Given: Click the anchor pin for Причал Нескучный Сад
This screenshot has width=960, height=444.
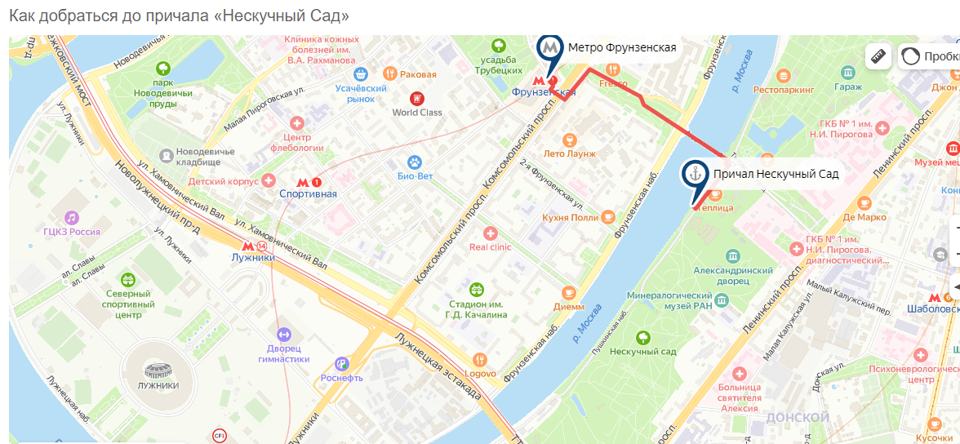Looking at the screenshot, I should (x=695, y=175).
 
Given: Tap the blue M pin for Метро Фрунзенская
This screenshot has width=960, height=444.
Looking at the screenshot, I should (x=550, y=47).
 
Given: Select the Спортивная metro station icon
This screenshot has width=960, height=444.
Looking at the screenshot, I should (x=303, y=182).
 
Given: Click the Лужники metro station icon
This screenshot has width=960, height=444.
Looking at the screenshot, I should (x=248, y=246).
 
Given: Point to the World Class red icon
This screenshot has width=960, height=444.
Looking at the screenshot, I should (x=417, y=99).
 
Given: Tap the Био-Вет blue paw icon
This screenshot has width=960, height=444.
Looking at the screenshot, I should (x=415, y=162).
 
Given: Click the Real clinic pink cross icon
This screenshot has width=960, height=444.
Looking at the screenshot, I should (x=490, y=233).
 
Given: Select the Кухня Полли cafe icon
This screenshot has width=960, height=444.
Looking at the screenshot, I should (x=608, y=216).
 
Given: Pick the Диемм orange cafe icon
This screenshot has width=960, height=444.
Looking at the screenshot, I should (x=569, y=293).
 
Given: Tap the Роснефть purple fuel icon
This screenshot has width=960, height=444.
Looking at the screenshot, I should (x=342, y=364).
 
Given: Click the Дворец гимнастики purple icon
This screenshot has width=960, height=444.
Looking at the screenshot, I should (x=283, y=335).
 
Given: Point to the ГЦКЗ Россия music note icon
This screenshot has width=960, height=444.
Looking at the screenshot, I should (x=72, y=217).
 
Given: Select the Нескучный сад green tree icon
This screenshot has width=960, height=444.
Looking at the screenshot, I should (x=643, y=337).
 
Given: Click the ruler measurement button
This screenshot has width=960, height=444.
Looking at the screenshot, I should (x=878, y=56).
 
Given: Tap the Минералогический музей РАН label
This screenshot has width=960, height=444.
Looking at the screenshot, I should (x=670, y=300).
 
